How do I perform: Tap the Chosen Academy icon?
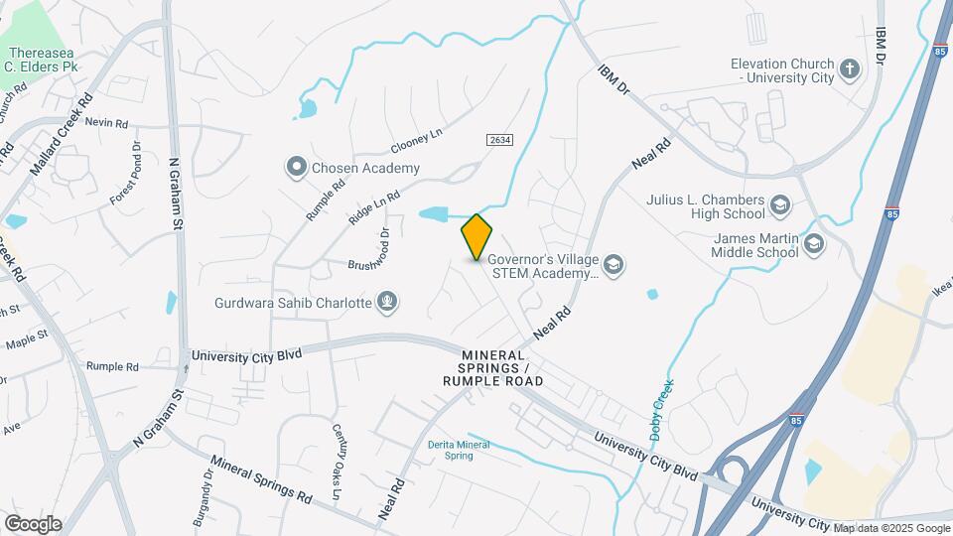(x=296, y=168)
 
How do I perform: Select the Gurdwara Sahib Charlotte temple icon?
(x=387, y=302)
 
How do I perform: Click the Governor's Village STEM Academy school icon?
(x=613, y=263)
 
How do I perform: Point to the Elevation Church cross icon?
(x=849, y=68)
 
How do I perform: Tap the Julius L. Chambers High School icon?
(x=780, y=205)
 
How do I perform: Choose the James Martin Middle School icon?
(x=814, y=244)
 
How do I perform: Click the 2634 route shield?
(x=499, y=141)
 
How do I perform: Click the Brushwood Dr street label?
(x=372, y=265)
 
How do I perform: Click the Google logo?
(x=33, y=524)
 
